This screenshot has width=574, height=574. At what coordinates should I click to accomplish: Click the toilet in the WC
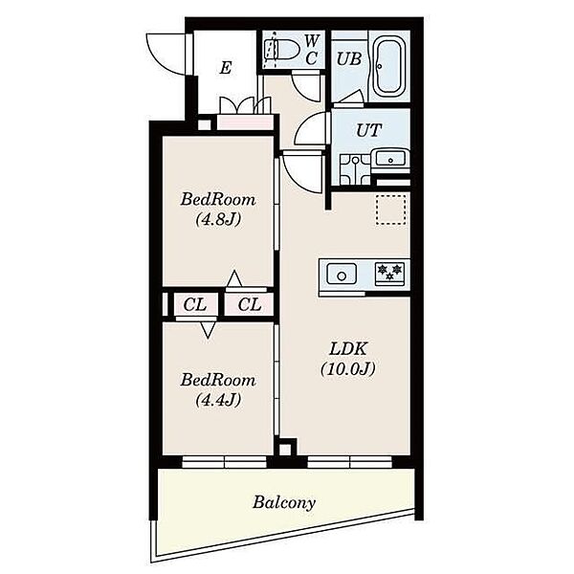coord(282,49)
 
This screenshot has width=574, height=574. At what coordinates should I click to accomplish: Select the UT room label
coord(369,130)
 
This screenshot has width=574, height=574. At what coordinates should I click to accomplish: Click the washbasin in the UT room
coord(390,160)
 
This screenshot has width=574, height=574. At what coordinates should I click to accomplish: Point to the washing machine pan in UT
coord(355,169)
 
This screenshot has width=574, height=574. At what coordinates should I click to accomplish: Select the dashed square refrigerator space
coord(391,210)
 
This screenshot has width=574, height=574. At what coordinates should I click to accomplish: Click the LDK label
coord(348,349)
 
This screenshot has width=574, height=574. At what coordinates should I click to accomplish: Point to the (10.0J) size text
coord(348,369)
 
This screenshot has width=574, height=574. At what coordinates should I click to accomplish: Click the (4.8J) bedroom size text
coord(218,220)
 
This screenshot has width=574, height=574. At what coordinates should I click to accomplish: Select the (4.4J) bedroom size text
coord(218,400)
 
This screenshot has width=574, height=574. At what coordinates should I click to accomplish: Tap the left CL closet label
coord(195,304)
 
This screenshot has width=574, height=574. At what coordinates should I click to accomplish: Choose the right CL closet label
coord(250,304)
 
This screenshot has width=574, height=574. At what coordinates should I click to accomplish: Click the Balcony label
coord(284,502)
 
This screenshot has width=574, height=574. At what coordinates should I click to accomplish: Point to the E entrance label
coord(226,68)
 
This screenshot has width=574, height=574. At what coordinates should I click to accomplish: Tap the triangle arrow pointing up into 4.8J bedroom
coord(234,279)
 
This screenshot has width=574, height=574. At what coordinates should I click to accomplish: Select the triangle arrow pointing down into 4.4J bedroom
coord(208,330)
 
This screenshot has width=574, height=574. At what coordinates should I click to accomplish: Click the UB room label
coord(349,59)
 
